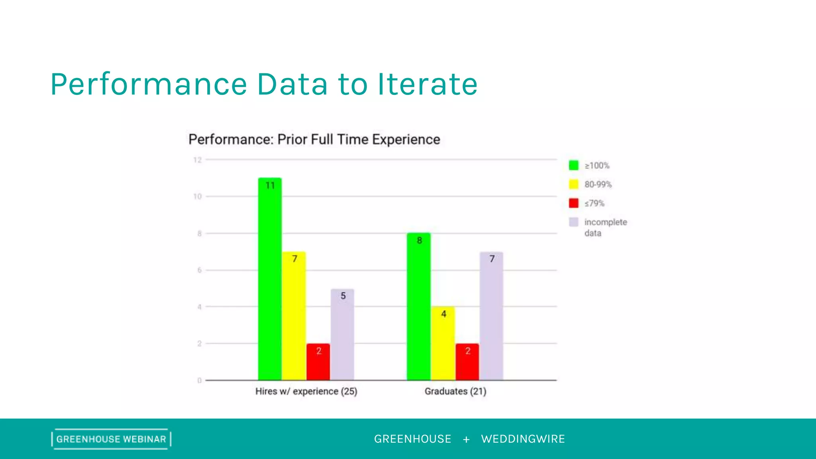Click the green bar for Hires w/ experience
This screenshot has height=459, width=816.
point(270,279)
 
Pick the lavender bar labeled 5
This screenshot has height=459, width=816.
point(342,335)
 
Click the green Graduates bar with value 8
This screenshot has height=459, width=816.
point(419,307)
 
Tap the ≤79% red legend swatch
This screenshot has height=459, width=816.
point(574,203)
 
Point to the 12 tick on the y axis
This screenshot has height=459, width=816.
point(198,160)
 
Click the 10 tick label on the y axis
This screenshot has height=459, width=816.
point(198,196)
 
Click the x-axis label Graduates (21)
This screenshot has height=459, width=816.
point(455,391)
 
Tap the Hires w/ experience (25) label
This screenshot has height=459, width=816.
point(306,391)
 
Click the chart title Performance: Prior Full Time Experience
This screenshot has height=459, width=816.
point(314,139)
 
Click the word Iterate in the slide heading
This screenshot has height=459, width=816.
point(428,84)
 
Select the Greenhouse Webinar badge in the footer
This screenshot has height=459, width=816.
point(111,439)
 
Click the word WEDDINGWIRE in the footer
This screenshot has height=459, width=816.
point(523,439)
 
